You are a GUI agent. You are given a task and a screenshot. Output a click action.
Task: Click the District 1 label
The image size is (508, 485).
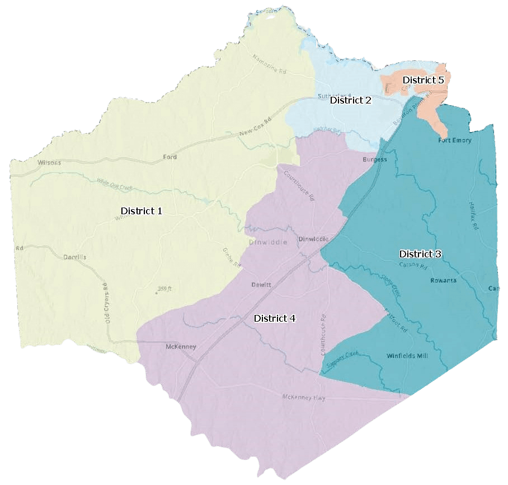[141, 211]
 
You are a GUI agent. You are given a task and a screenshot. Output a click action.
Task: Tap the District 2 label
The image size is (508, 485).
[350, 100]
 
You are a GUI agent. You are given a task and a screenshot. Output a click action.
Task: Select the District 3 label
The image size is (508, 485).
[420, 254]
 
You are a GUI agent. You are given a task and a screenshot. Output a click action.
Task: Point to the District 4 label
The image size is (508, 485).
[275, 318]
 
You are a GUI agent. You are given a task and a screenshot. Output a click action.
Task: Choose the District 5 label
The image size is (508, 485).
[423, 80]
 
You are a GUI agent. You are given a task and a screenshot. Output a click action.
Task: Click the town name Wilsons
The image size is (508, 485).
[49, 163]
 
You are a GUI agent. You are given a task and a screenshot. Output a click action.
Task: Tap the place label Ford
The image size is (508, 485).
[170, 157]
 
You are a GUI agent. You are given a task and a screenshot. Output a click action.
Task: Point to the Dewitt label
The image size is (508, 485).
[261, 285]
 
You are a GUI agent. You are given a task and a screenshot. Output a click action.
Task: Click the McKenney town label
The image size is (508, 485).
[181, 347]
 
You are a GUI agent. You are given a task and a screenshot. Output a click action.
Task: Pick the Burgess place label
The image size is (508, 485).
[374, 159]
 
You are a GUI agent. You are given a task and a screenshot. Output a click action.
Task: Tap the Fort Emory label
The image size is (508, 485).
[454, 140]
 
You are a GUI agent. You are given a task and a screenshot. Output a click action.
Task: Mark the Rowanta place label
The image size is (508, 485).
[443, 280]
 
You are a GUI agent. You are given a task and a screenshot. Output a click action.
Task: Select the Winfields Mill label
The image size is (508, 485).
[407, 356]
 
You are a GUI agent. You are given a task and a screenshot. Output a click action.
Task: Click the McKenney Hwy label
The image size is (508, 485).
[304, 397]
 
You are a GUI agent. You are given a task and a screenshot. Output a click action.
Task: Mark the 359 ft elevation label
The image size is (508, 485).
[164, 289]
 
